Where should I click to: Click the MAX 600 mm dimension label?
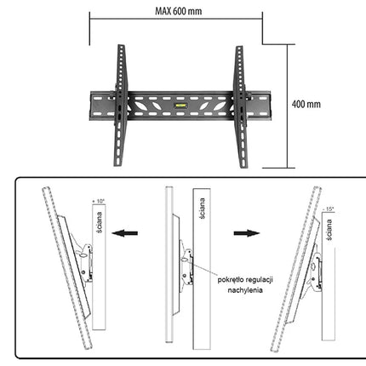click(179, 11)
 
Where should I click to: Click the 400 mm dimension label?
click(306, 104)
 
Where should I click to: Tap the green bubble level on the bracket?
click(180, 106)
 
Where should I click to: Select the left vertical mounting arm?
click(120, 106)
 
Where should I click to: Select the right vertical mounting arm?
click(241, 106)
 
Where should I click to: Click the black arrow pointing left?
click(125, 233)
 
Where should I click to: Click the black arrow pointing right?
click(247, 233)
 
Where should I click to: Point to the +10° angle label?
click(99, 201)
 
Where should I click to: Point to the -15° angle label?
click(329, 209)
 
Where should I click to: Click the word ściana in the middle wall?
click(202, 209)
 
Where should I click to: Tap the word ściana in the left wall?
click(99, 222)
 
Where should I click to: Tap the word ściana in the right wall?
click(329, 230)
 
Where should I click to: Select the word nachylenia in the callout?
click(245, 290)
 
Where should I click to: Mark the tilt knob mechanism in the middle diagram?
click(186, 266)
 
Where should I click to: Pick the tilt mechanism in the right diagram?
click(316, 272)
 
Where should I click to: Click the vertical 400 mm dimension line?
click(287, 106)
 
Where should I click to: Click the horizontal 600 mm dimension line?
click(176, 20)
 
